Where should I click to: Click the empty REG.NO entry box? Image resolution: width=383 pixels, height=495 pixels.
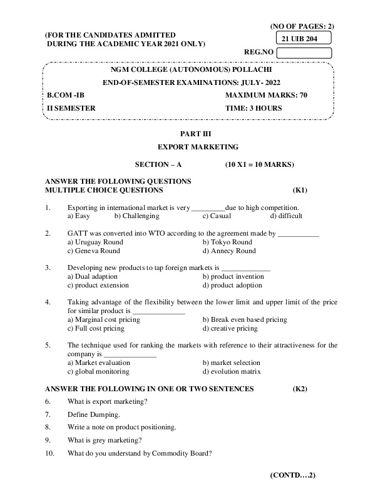click(x=304, y=52)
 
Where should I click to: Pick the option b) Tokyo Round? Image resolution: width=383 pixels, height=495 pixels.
click(x=227, y=242)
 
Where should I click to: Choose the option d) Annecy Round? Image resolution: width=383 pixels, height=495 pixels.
click(x=229, y=251)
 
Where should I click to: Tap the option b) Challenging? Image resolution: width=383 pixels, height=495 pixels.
click(x=137, y=216)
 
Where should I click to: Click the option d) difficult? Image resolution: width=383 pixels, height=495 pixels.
click(x=286, y=216)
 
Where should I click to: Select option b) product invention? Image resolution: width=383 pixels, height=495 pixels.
click(x=233, y=276)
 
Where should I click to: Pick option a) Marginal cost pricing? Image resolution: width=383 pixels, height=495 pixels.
click(x=103, y=319)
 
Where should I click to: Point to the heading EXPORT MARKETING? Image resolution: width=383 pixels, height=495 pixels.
click(x=198, y=147)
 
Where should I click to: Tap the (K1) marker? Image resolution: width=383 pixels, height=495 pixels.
click(x=300, y=189)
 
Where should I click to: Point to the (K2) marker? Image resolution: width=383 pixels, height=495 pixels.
click(x=300, y=389)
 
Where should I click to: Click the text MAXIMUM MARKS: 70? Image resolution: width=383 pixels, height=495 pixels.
click(x=266, y=95)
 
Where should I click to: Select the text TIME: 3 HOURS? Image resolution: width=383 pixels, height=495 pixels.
click(x=253, y=108)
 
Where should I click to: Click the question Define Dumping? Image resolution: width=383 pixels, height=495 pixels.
click(x=93, y=414)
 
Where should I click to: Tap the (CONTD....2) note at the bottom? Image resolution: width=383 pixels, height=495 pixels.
click(x=293, y=475)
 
